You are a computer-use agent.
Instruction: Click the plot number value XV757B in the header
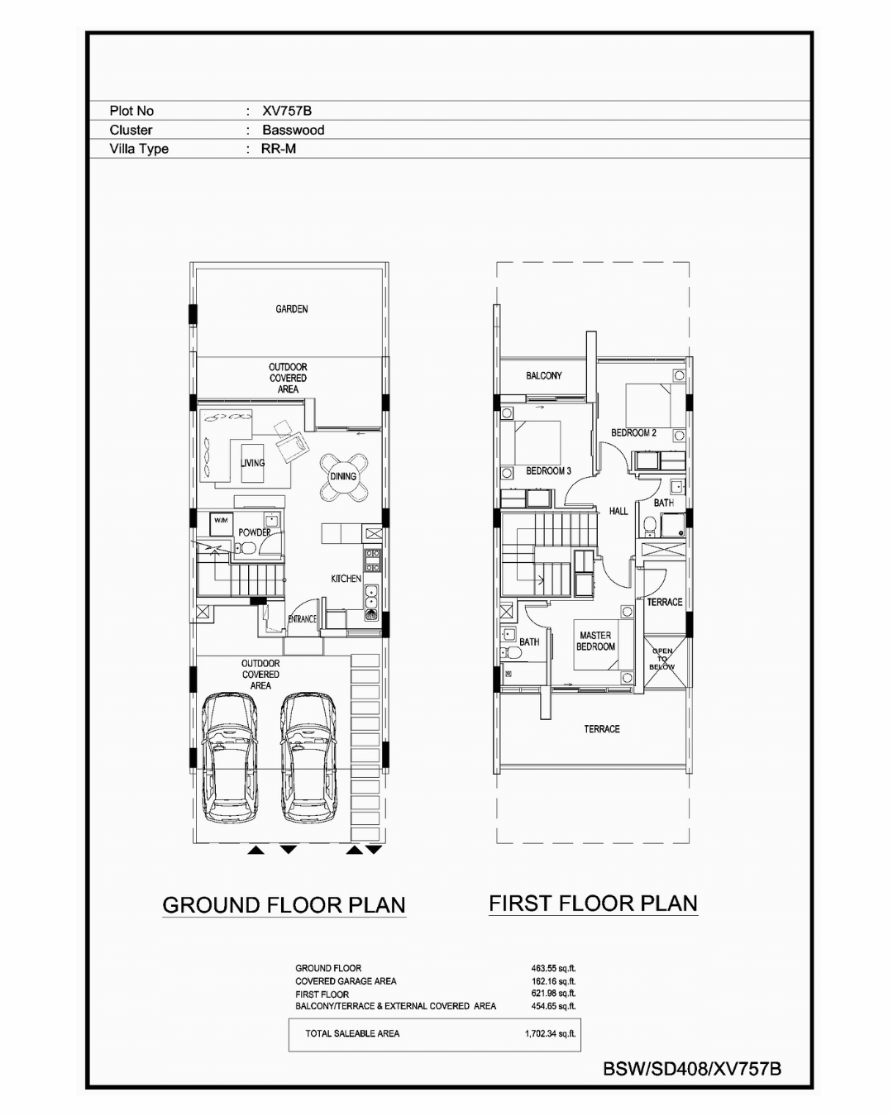[x=286, y=111]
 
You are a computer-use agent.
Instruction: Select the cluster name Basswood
[x=294, y=130]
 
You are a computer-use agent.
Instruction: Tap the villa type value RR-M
[x=279, y=149]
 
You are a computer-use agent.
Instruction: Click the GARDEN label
[x=292, y=309]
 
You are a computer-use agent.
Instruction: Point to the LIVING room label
[x=253, y=463]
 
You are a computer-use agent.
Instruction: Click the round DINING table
[x=343, y=476]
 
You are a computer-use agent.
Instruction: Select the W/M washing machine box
[x=221, y=523]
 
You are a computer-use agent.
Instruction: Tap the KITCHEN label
[x=346, y=578]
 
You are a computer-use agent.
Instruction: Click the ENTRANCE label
[x=303, y=618]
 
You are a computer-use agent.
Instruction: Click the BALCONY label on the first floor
[x=544, y=375]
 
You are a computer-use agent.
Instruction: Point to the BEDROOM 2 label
[x=633, y=432]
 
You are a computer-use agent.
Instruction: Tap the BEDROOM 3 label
[x=548, y=471]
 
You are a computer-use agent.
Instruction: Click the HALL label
[x=618, y=512]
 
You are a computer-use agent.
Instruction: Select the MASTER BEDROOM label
[x=595, y=641]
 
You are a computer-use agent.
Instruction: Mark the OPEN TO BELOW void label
[x=662, y=659]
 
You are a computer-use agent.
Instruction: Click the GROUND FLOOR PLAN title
[x=284, y=905]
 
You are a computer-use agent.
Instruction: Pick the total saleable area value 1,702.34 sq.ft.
[x=551, y=1033]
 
